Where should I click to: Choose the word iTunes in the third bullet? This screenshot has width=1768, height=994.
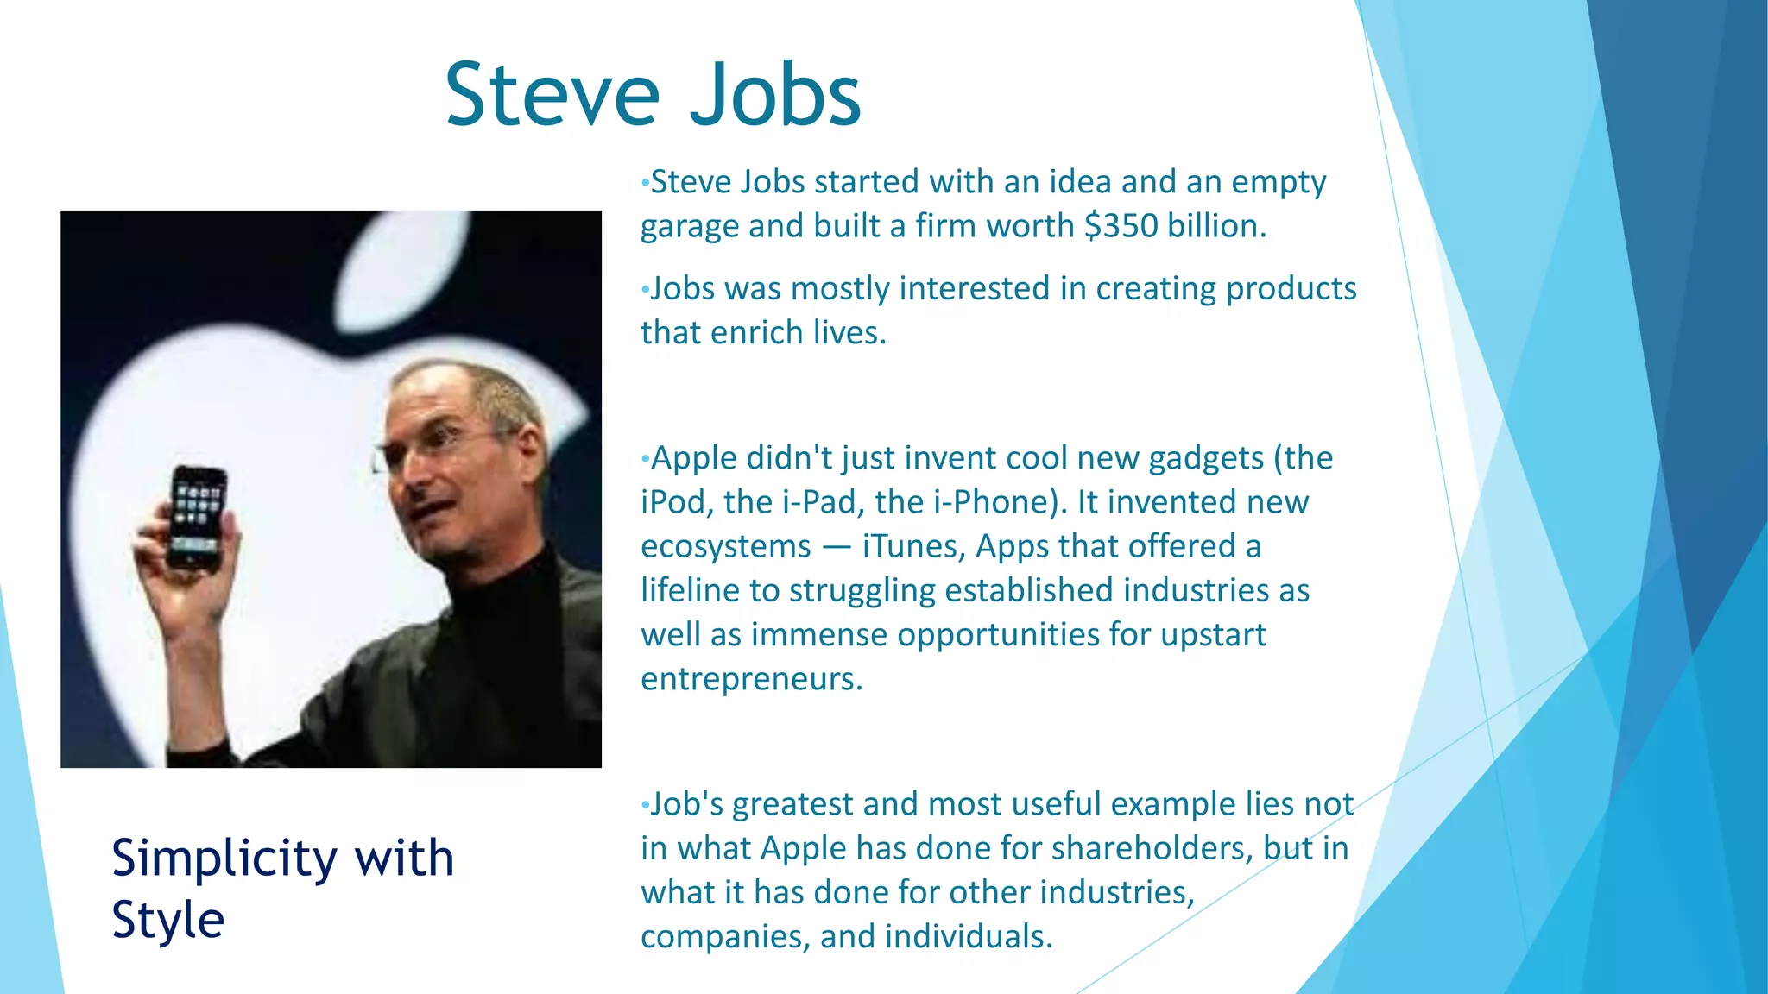point(913,547)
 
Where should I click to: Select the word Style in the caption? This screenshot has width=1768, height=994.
point(167,920)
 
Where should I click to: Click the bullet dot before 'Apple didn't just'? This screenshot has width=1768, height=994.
point(645,460)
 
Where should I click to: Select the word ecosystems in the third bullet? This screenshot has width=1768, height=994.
point(725,547)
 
